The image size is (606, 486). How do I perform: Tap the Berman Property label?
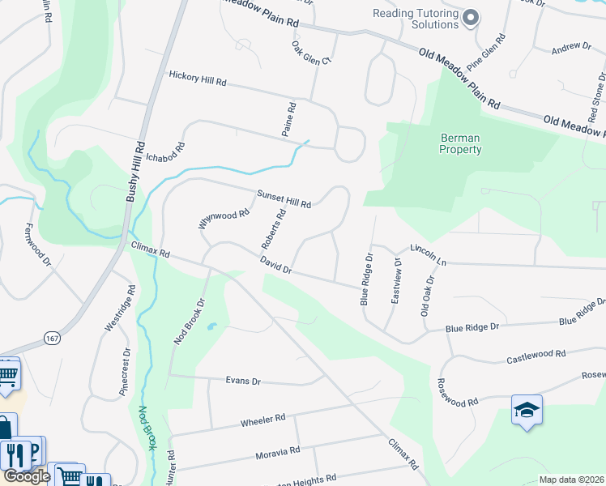tap(460, 143)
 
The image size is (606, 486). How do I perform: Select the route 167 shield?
tap(53, 337)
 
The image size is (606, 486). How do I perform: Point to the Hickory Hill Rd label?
tap(198, 79)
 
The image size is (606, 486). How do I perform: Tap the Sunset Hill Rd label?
tap(284, 199)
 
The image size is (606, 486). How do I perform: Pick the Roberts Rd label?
tap(274, 229)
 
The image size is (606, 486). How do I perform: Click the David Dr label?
tap(275, 265)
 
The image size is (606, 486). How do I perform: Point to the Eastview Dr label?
tap(396, 280)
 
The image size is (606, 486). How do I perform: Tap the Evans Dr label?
tap(243, 381)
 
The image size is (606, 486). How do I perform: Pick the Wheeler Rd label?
tap(263, 420)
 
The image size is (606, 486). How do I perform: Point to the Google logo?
tap(27, 476)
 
